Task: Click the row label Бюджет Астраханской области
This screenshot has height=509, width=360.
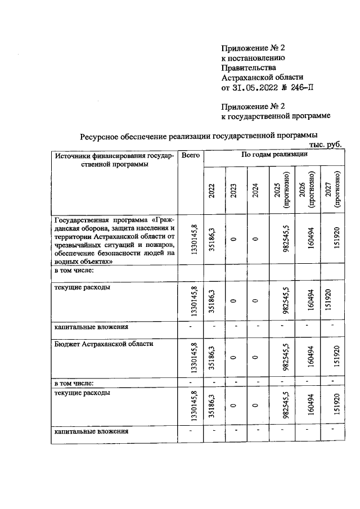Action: pyautogui.click(x=103, y=343)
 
